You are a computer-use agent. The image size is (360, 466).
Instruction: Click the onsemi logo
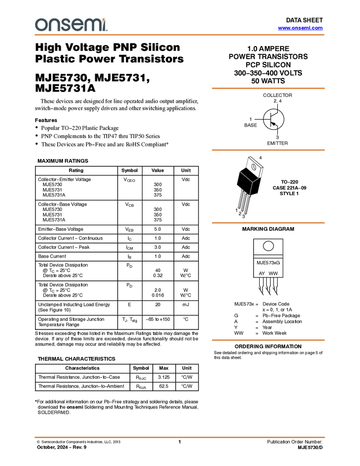coord(71,25)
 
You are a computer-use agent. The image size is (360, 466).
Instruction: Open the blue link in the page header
coord(300,28)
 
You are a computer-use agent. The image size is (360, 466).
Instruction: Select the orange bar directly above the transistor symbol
coord(268,88)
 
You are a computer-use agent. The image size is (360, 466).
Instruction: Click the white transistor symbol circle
coord(273,119)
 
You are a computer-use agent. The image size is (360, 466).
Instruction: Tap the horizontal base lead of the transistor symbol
coord(267,120)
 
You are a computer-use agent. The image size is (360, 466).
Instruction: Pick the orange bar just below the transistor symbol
coord(268,150)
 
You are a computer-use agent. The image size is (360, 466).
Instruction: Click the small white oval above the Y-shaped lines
coord(254,167)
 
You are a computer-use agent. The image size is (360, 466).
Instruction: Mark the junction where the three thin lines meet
coord(252,182)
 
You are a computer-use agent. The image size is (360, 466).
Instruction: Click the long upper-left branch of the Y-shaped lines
coord(245,176)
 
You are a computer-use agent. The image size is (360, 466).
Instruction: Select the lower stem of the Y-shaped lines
coord(251,189)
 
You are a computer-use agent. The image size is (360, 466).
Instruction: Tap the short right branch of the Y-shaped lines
coord(255,180)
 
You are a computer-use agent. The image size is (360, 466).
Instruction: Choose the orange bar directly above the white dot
coord(268,223)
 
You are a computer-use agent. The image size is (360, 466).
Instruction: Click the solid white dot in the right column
coord(268,246)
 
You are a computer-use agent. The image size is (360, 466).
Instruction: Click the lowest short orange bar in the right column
coord(268,340)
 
